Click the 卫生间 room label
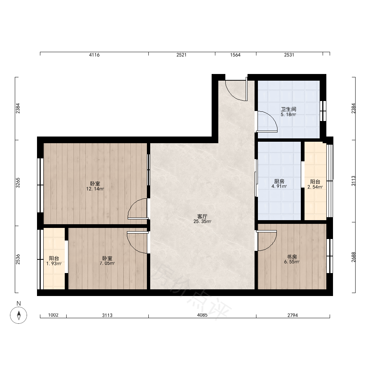288,109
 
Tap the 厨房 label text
279,181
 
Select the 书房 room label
292,257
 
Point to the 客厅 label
202,216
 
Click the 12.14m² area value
95,189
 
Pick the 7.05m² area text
107,263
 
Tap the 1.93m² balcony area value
54,263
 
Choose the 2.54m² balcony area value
315,187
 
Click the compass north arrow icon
18,315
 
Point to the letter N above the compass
18,303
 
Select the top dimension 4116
94,55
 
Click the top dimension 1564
235,55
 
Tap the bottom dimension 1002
53,315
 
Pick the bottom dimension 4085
202,315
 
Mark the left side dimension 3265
18,183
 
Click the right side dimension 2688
353,257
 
